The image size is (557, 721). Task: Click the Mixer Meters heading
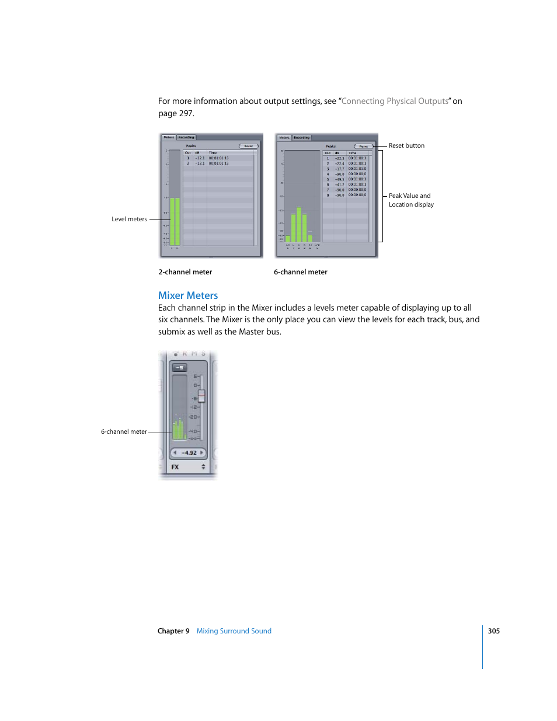coord(188,295)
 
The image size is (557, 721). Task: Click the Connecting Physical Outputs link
coord(395,101)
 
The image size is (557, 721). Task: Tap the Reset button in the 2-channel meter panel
coord(248,146)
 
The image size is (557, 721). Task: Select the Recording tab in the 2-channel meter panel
coord(186,138)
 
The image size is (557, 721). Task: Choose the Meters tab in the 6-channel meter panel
coord(284,138)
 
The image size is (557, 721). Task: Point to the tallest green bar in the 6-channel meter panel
coord(299,224)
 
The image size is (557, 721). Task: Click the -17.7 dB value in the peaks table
coord(339,169)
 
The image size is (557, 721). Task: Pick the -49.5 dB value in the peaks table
coord(339,179)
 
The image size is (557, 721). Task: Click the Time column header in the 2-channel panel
coord(213,153)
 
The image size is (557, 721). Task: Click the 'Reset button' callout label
coord(406,146)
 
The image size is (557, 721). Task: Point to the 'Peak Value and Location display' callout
coord(411,200)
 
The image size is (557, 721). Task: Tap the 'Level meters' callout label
coord(129,220)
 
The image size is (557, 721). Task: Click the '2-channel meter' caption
coord(185,272)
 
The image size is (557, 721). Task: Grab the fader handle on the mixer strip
coord(201,396)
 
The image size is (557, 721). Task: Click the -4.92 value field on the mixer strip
coord(189,452)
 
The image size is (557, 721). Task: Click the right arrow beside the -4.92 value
coord(202,452)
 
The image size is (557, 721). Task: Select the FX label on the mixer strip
coord(175,467)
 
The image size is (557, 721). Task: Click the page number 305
coord(493,631)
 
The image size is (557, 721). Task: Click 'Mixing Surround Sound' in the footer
coord(234,631)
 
